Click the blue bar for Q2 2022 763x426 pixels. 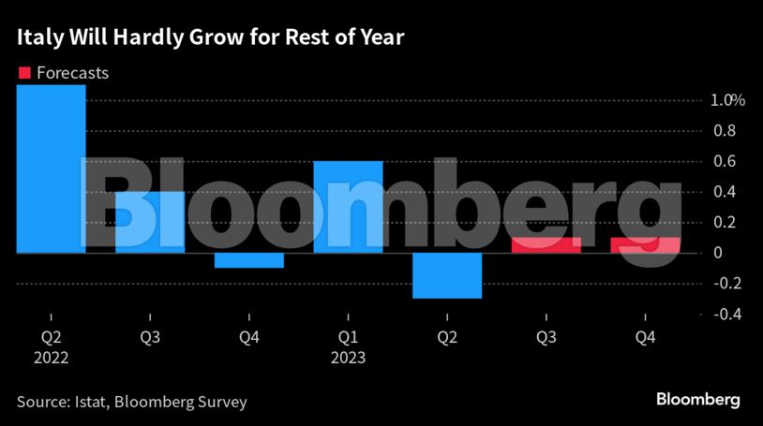point(51,169)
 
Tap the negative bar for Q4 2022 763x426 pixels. point(248,260)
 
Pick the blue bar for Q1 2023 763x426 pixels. point(348,207)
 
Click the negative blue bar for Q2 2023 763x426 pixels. point(447,275)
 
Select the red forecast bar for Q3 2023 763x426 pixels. point(546,244)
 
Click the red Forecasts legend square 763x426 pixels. point(24,72)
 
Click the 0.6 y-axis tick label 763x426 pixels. point(726,161)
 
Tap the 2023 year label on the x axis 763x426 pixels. point(348,358)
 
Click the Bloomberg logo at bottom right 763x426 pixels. point(697,400)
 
